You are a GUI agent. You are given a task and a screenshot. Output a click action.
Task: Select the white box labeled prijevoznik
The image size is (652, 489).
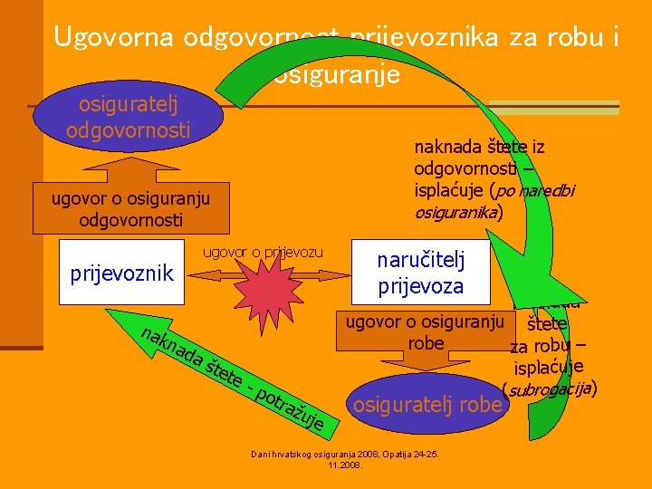tap(122, 273)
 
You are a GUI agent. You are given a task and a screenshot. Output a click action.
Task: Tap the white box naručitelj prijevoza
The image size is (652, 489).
tap(420, 273)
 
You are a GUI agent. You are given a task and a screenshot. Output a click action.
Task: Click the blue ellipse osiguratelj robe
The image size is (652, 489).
tap(427, 404)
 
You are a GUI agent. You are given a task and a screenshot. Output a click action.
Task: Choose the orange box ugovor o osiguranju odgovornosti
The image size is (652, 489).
tap(129, 209)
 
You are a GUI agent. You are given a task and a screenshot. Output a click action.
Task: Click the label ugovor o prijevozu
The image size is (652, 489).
tap(262, 251)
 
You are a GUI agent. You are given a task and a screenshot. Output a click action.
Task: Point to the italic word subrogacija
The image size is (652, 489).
tap(549, 389)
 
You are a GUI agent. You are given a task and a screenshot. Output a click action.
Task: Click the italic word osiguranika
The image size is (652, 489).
tap(455, 213)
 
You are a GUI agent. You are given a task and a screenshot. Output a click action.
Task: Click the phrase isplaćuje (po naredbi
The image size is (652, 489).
tap(493, 191)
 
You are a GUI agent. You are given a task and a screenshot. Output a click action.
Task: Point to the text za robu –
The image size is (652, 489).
tap(547, 346)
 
